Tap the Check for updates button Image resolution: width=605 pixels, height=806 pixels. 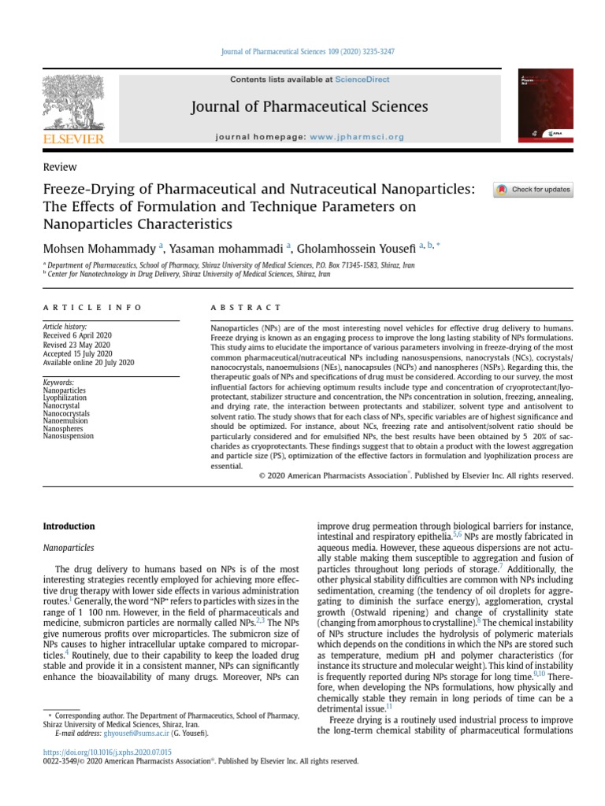pyautogui.click(x=533, y=190)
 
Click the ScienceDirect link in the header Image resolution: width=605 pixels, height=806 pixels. pyautogui.click(x=362, y=79)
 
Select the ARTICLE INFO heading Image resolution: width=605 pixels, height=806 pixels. pyautogui.click(x=92, y=307)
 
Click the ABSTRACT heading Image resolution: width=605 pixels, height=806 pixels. pyautogui.click(x=247, y=307)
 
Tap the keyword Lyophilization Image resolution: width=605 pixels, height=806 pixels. pyautogui.click(x=65, y=397)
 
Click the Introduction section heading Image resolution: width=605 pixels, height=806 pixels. pyautogui.click(x=69, y=526)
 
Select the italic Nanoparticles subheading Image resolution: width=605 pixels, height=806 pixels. pyautogui.click(x=69, y=547)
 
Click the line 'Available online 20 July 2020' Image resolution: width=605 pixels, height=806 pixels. pyautogui.click(x=88, y=362)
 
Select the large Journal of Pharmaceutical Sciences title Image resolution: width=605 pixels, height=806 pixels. pyautogui.click(x=309, y=106)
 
